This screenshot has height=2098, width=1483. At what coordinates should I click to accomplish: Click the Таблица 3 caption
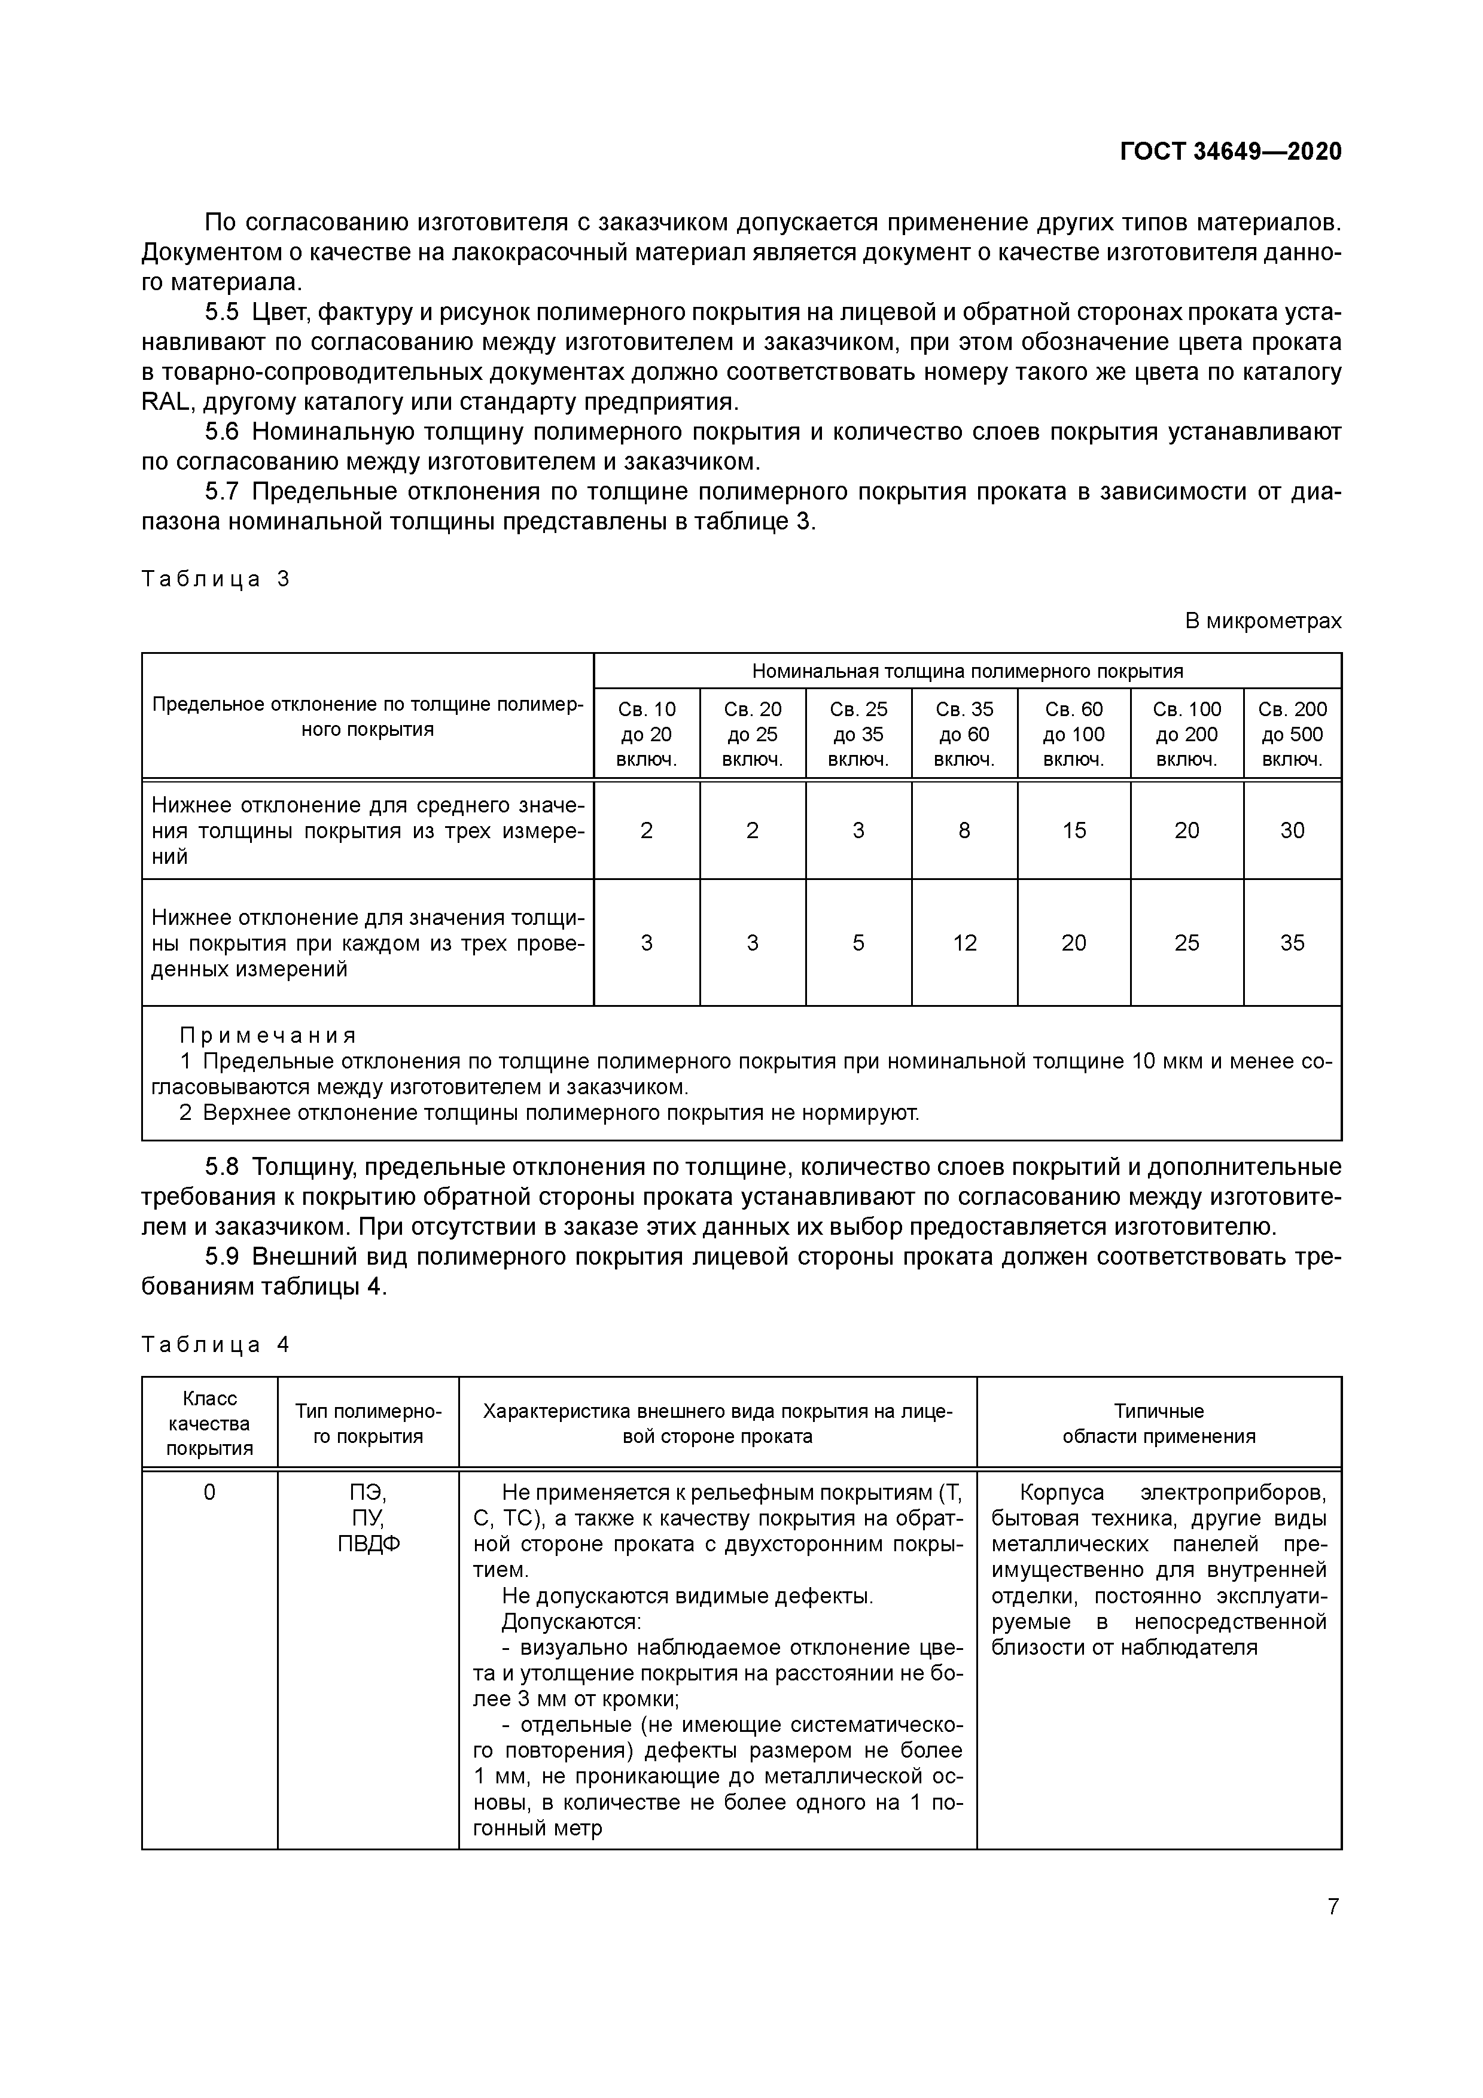[x=215, y=578]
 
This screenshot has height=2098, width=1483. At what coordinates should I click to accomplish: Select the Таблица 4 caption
[x=215, y=1344]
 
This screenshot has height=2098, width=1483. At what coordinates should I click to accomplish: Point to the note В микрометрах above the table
[x=1263, y=622]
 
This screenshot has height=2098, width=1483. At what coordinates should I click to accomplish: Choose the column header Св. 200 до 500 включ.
[x=1292, y=734]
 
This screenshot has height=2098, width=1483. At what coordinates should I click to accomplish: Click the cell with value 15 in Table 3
[x=1074, y=830]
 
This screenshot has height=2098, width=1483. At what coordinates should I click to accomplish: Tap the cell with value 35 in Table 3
[x=1292, y=943]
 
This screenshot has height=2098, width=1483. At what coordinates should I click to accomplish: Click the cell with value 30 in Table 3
[x=1292, y=830]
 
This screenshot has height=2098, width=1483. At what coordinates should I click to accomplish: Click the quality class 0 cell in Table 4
[x=209, y=1493]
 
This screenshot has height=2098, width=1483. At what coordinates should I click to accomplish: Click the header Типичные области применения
[x=1159, y=1424]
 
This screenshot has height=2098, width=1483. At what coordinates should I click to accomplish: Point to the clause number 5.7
[x=221, y=492]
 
